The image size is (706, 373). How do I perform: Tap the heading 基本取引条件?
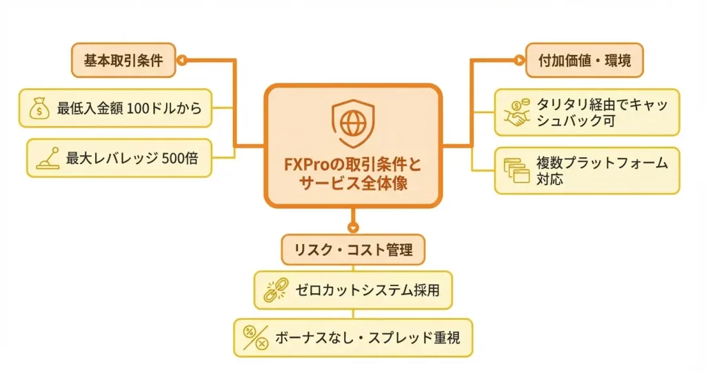pos(122,61)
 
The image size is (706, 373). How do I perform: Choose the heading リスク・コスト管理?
pos(352,250)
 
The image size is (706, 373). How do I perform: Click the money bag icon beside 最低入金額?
pos(39,108)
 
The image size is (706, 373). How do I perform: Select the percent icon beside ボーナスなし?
pos(255,338)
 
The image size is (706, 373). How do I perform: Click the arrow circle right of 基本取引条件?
pos(183,61)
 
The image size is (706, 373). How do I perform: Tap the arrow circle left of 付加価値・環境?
pos(518,61)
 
